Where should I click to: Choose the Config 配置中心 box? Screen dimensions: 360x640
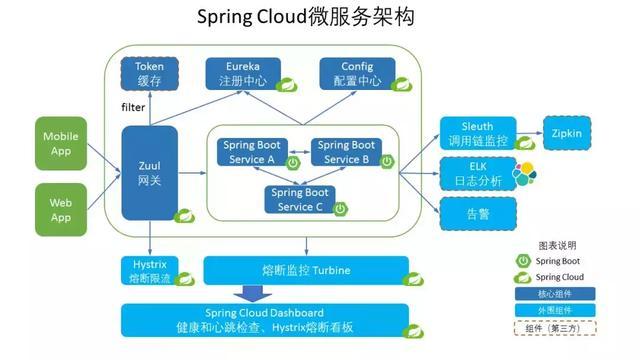354,73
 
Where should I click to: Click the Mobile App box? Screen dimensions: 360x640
61,143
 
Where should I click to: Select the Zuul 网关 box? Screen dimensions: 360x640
149,172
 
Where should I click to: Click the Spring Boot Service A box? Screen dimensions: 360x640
254,152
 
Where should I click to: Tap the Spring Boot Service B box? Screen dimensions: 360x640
346,152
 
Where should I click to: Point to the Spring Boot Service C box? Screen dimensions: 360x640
302,200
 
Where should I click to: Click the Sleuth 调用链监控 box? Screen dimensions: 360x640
480,133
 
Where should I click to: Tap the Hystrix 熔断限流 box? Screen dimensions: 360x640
149,269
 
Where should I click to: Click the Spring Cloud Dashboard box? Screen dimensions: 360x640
266,320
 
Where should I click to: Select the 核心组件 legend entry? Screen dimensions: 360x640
554,294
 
